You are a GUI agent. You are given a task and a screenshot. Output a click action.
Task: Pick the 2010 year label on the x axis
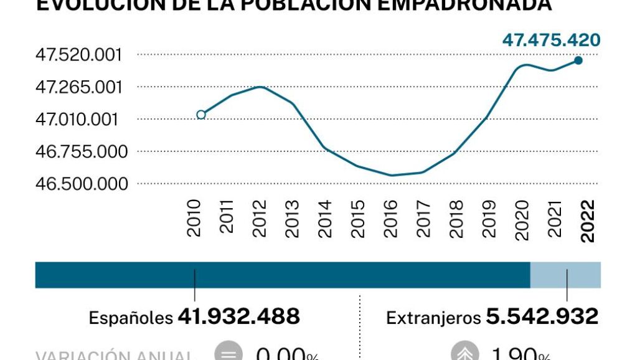pyautogui.click(x=195, y=219)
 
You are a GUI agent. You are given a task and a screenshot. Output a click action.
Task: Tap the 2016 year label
pyautogui.click(x=391, y=219)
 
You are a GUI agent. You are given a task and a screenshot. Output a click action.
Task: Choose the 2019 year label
pyautogui.click(x=489, y=219)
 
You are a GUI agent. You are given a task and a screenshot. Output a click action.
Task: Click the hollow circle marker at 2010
pyautogui.click(x=200, y=115)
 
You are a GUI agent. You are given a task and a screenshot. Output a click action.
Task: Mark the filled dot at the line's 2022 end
pyautogui.click(x=578, y=60)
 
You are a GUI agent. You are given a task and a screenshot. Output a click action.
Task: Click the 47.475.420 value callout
pyautogui.click(x=551, y=40)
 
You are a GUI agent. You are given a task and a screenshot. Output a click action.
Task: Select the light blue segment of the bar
pyautogui.click(x=565, y=275)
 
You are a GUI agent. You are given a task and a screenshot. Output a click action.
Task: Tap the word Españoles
pyautogui.click(x=131, y=318)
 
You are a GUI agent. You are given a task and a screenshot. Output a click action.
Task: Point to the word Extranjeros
pyautogui.click(x=433, y=318)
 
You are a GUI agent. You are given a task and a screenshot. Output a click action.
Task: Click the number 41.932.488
pyautogui.click(x=239, y=316)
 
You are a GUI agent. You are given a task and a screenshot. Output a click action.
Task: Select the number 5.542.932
pyautogui.click(x=542, y=316)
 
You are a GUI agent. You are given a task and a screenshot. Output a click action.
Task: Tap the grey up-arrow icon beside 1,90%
pyautogui.click(x=465, y=353)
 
